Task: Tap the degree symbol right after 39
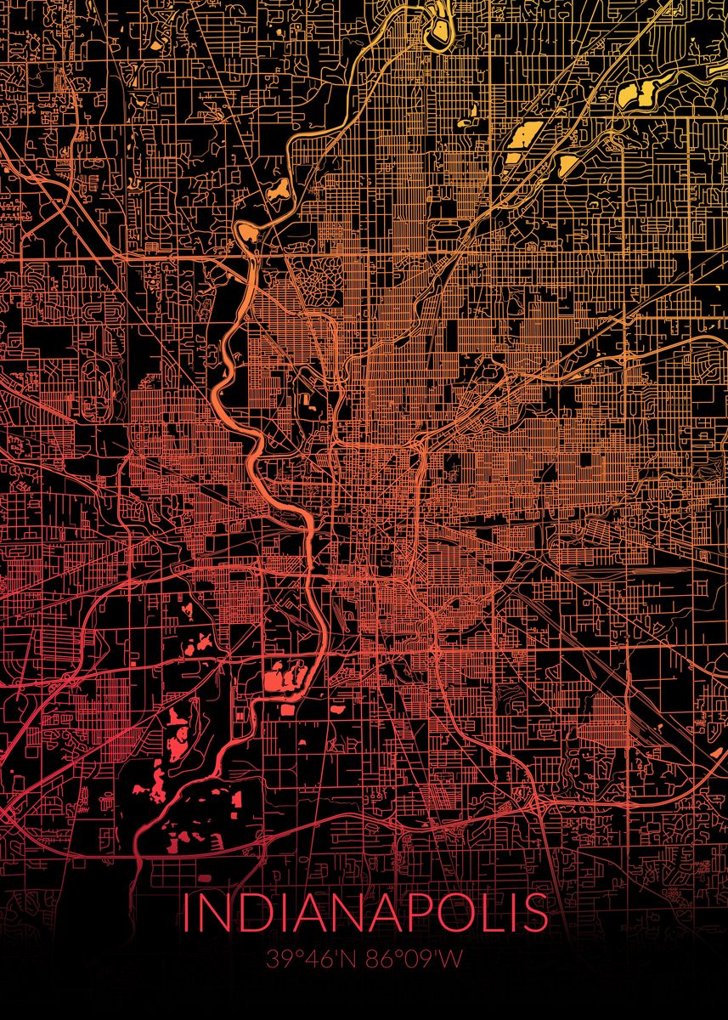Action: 294,955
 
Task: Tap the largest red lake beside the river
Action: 280,680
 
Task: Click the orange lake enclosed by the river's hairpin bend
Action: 247,232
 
